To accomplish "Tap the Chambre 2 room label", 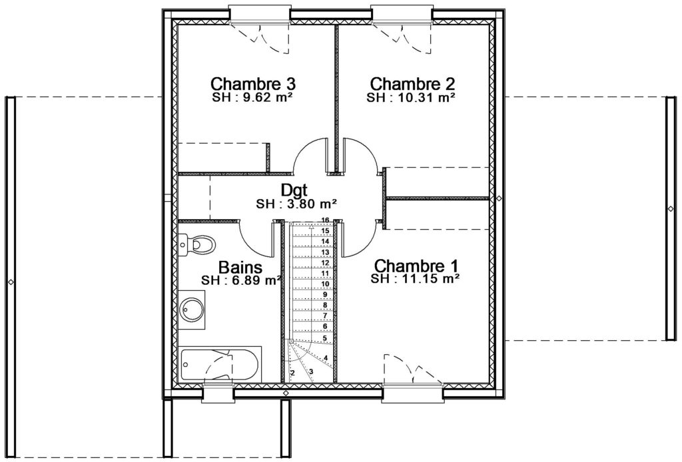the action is pos(412,83).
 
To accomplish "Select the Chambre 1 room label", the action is pos(416,265).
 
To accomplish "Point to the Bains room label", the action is pos(240,267).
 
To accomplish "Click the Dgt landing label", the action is pos(294,190).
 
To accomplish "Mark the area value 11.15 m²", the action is pos(432,278).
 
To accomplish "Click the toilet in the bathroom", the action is pos(196,245).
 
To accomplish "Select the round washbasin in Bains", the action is pos(192,309).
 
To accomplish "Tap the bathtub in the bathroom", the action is pos(220,364).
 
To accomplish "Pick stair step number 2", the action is pos(293,373).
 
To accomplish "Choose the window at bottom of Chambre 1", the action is pos(413,393).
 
